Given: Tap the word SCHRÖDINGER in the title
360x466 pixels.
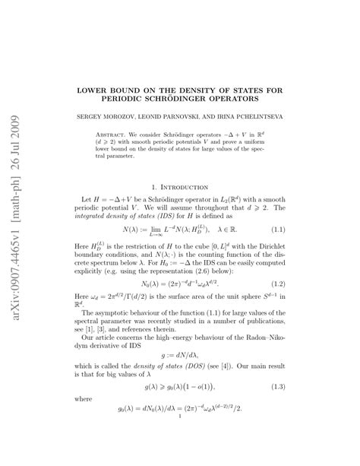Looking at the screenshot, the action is [x=213, y=99].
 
